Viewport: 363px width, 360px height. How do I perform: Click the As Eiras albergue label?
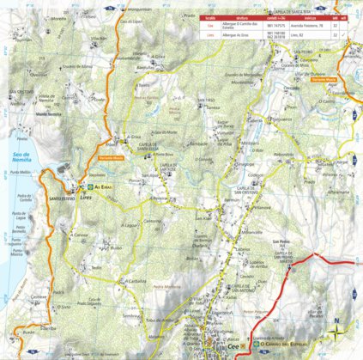[101, 186]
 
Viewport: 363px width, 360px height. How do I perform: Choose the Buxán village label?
[31, 330]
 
